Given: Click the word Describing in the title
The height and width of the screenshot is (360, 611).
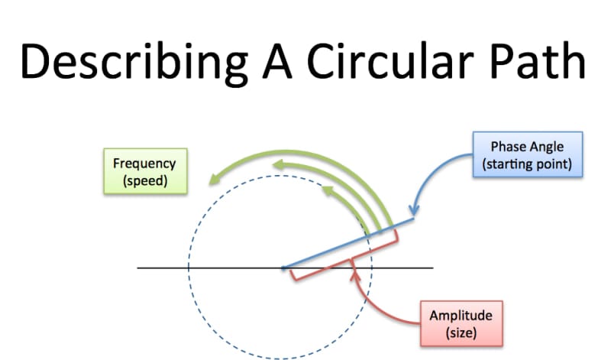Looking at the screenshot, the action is pos(134,63).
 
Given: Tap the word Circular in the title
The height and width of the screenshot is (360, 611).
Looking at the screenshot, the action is pos(390,61).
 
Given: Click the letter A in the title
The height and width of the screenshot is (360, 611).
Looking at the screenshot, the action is pos(277,61).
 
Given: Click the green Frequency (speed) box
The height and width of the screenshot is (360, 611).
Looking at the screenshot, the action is pos(145,171).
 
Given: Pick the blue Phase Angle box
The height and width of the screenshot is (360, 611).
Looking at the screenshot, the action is pos(528,155).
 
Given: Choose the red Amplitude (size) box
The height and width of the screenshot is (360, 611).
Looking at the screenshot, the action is pos(461,323).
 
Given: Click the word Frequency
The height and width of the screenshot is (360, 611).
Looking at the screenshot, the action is pos(144,164).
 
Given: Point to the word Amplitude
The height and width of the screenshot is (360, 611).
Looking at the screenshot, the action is pos(461,316).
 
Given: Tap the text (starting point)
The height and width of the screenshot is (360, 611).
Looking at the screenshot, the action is pos(527,164).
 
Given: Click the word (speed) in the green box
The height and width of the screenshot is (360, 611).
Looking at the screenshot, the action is pos(145,180).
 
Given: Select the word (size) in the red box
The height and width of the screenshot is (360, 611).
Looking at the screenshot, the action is pos(461,332).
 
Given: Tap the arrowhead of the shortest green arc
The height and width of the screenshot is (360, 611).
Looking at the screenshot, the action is pos(328,190).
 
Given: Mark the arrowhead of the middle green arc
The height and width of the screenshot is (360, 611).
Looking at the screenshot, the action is pos(279,164).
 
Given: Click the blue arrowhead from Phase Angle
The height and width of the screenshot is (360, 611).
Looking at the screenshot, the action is pos(414,211).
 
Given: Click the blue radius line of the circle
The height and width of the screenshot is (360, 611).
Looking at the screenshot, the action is pos(348,243).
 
